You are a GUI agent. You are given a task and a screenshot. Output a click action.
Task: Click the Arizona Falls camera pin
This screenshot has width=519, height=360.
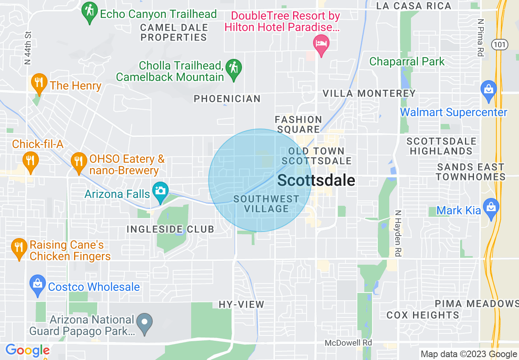click(160, 191)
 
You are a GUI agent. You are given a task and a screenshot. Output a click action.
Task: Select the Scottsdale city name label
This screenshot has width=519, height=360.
click(316, 180)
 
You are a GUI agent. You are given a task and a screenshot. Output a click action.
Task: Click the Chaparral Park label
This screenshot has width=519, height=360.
click(407, 62)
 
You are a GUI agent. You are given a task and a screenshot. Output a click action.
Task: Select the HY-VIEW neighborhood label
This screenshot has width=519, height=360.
click(241, 304)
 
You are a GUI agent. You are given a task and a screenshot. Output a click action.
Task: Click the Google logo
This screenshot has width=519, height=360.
click(27, 351)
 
